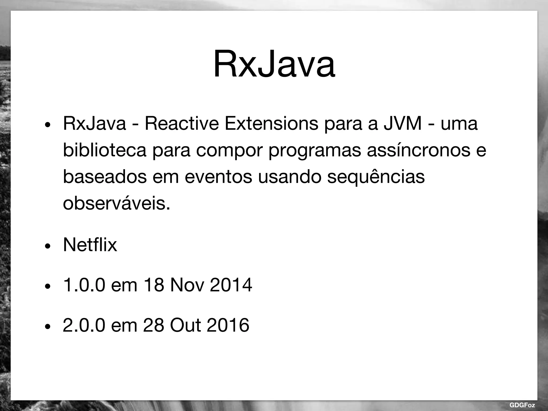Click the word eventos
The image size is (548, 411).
click(x=218, y=177)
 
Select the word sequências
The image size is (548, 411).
click(x=376, y=177)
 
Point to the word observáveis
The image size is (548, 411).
click(x=116, y=203)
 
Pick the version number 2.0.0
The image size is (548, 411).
click(x=84, y=325)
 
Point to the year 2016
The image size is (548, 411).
click(x=228, y=325)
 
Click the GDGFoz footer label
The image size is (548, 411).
click(x=522, y=405)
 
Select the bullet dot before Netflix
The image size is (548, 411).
click(x=48, y=246)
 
